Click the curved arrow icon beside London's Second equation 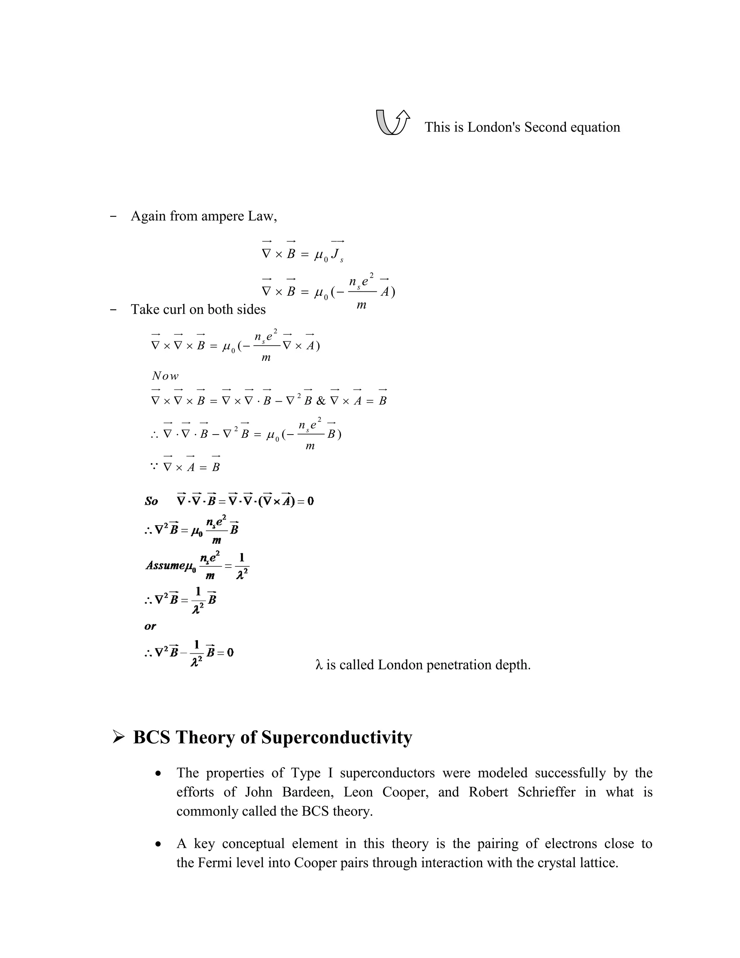[393, 123]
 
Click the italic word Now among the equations [165, 376]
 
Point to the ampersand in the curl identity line [321, 401]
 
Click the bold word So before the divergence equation [151, 501]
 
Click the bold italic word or [150, 626]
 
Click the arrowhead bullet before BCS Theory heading [119, 737]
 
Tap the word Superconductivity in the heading [337, 737]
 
